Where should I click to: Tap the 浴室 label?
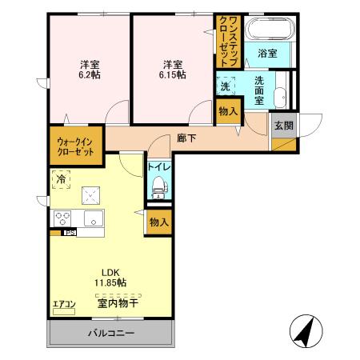[x=268, y=54]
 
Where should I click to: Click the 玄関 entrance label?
[x=283, y=126]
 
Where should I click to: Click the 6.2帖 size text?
[x=89, y=74]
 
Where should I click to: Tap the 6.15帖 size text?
[x=172, y=74]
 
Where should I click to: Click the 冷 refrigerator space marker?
[x=61, y=178]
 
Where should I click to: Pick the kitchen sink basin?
[x=94, y=219]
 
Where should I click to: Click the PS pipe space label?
[x=70, y=234]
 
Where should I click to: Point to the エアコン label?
[x=64, y=304]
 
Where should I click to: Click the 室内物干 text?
[x=118, y=303]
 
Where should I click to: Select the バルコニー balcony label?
[x=111, y=333]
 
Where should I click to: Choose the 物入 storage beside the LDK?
[x=158, y=224]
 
